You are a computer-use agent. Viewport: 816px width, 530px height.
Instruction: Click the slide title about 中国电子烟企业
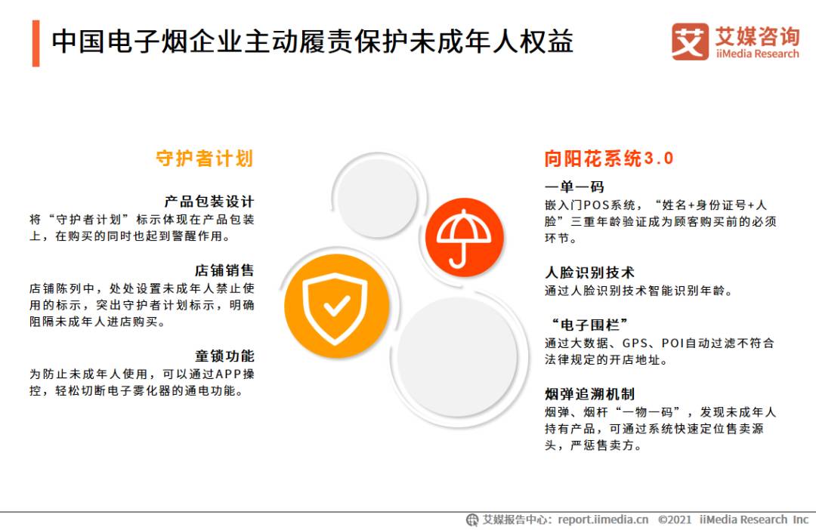pyautogui.click(x=312, y=41)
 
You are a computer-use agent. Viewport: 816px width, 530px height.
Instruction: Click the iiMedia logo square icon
pyautogui.click(x=690, y=42)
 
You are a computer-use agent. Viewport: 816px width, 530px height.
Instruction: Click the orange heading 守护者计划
pyautogui.click(x=204, y=159)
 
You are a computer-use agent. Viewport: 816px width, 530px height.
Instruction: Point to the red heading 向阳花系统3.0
pyautogui.click(x=609, y=159)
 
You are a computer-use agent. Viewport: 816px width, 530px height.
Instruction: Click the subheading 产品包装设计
pyautogui.click(x=209, y=202)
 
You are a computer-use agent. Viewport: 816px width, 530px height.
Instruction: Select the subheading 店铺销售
pyautogui.click(x=224, y=270)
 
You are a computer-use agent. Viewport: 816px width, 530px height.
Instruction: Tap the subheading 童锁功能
pyautogui.click(x=224, y=356)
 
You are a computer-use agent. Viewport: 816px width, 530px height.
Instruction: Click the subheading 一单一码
pyautogui.click(x=574, y=186)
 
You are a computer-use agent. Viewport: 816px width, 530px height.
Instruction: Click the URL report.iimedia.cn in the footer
pyautogui.click(x=603, y=519)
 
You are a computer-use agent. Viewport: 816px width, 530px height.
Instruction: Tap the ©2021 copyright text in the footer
pyautogui.click(x=675, y=519)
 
